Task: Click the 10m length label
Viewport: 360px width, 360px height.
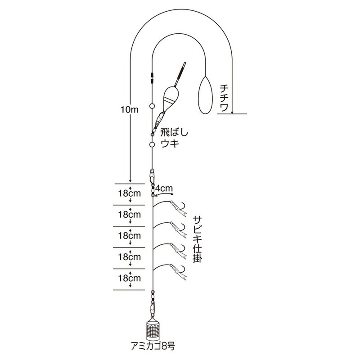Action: [x=130, y=110]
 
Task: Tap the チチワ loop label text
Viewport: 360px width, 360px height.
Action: [x=224, y=98]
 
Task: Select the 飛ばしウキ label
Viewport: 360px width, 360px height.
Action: [x=174, y=138]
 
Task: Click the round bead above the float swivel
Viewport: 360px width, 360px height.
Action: [x=152, y=106]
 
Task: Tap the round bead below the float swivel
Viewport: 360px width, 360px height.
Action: [x=152, y=144]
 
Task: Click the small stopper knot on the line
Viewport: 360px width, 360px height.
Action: [x=152, y=78]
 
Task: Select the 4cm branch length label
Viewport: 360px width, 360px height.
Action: [x=164, y=188]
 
